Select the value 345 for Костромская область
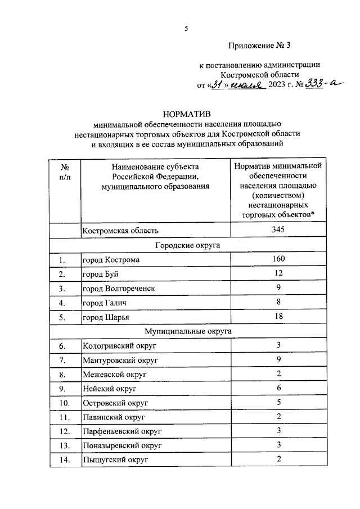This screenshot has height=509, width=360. click(278, 230)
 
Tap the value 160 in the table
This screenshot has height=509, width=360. click(278, 259)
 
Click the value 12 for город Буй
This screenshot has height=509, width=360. click(278, 274)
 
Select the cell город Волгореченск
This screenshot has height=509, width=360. click(119, 289)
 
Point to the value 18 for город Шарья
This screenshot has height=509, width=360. click(278, 317)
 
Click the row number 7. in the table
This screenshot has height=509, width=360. click(65, 360)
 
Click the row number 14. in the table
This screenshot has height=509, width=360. click(65, 461)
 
